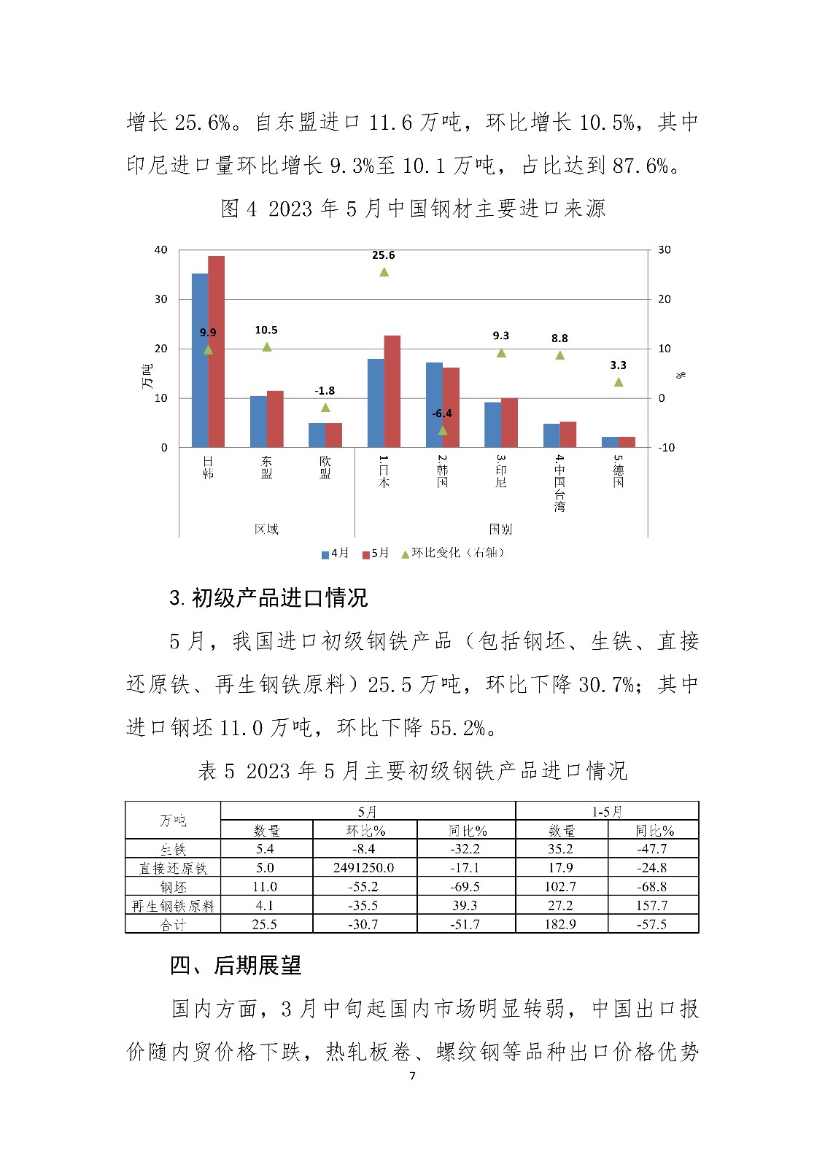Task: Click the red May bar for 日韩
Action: (217, 352)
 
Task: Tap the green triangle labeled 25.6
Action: (384, 272)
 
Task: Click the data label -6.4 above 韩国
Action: (442, 414)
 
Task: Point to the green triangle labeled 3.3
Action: (619, 382)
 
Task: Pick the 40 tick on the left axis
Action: (160, 249)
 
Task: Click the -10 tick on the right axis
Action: (666, 448)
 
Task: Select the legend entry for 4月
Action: (336, 553)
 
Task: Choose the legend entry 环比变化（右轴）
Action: (453, 553)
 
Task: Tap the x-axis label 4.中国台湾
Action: (559, 484)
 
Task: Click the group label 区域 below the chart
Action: (266, 529)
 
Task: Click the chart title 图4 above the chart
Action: (413, 209)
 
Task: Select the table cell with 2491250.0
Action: (364, 868)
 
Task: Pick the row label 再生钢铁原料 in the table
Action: (173, 906)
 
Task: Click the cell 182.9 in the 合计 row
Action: (560, 924)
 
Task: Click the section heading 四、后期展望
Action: (236, 966)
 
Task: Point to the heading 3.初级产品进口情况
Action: (268, 598)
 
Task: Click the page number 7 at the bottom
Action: (413, 1076)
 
